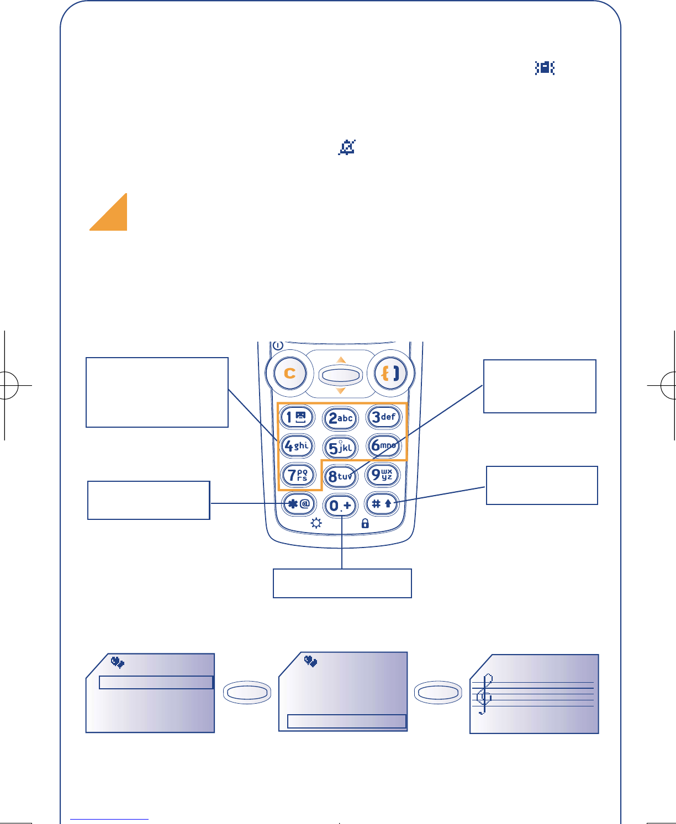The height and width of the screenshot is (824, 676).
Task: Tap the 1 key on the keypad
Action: [x=297, y=417]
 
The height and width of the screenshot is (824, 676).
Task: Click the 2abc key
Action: [x=340, y=418]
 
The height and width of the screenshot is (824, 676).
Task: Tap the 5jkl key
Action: [x=340, y=447]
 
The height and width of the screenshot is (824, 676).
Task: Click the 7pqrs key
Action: [x=297, y=475]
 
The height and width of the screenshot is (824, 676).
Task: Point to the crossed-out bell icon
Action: [x=347, y=147]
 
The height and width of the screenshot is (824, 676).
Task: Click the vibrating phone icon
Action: [x=545, y=68]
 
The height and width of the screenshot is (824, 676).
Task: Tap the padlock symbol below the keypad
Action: [x=365, y=523]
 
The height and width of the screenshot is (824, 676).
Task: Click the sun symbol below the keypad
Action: [x=316, y=523]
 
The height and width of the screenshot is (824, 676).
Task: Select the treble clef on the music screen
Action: [x=484, y=694]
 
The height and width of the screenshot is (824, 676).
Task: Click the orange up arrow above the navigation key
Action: [x=341, y=360]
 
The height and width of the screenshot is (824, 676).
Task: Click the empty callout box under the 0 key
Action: [x=342, y=583]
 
